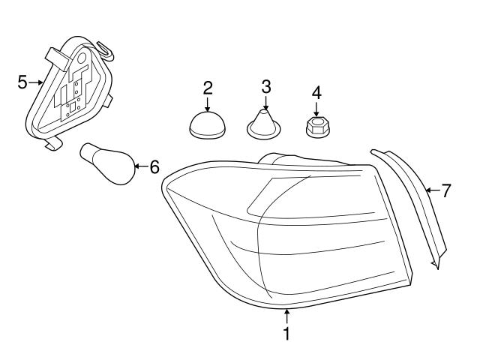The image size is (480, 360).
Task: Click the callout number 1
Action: [286, 332]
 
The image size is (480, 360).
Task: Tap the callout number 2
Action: [208, 87]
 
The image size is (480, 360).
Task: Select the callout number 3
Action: [265, 85]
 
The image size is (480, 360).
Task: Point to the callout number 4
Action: [316, 93]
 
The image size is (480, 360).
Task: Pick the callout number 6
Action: [154, 166]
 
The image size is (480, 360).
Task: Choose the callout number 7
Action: [445, 190]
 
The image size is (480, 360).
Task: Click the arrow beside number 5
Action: [35, 82]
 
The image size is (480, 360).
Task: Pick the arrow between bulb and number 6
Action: [139, 166]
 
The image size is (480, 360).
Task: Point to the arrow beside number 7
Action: [430, 190]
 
